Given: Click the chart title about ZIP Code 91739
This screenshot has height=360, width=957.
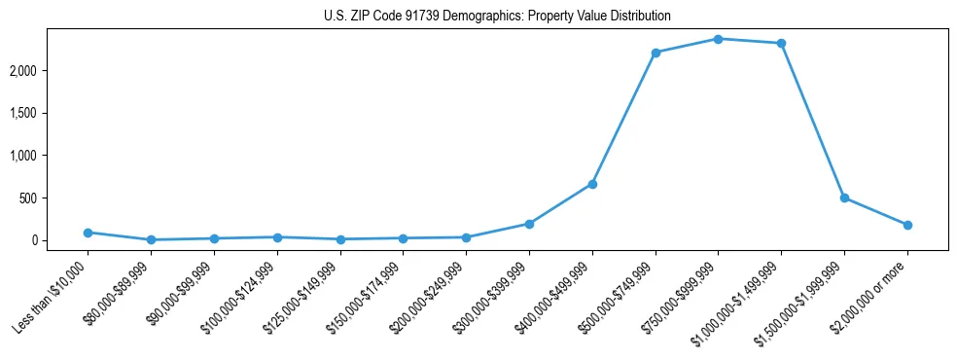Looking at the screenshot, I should tap(497, 17).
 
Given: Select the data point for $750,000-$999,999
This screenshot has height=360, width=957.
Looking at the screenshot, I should tap(718, 39).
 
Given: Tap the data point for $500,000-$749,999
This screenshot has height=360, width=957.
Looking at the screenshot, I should tap(656, 53).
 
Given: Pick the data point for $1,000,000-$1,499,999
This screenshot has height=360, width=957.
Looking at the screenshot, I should tap(781, 43).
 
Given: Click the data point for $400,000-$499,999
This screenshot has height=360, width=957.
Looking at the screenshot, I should tap(592, 184).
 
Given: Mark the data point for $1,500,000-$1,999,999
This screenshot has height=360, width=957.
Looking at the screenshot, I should tap(844, 198).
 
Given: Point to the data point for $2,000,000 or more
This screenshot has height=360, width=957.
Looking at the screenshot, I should tap(907, 225).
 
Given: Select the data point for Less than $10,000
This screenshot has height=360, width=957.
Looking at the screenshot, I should tap(88, 233).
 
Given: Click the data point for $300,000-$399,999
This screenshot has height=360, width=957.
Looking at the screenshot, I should tap(529, 224).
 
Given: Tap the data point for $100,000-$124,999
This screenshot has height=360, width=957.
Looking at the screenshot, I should tap(277, 237).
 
